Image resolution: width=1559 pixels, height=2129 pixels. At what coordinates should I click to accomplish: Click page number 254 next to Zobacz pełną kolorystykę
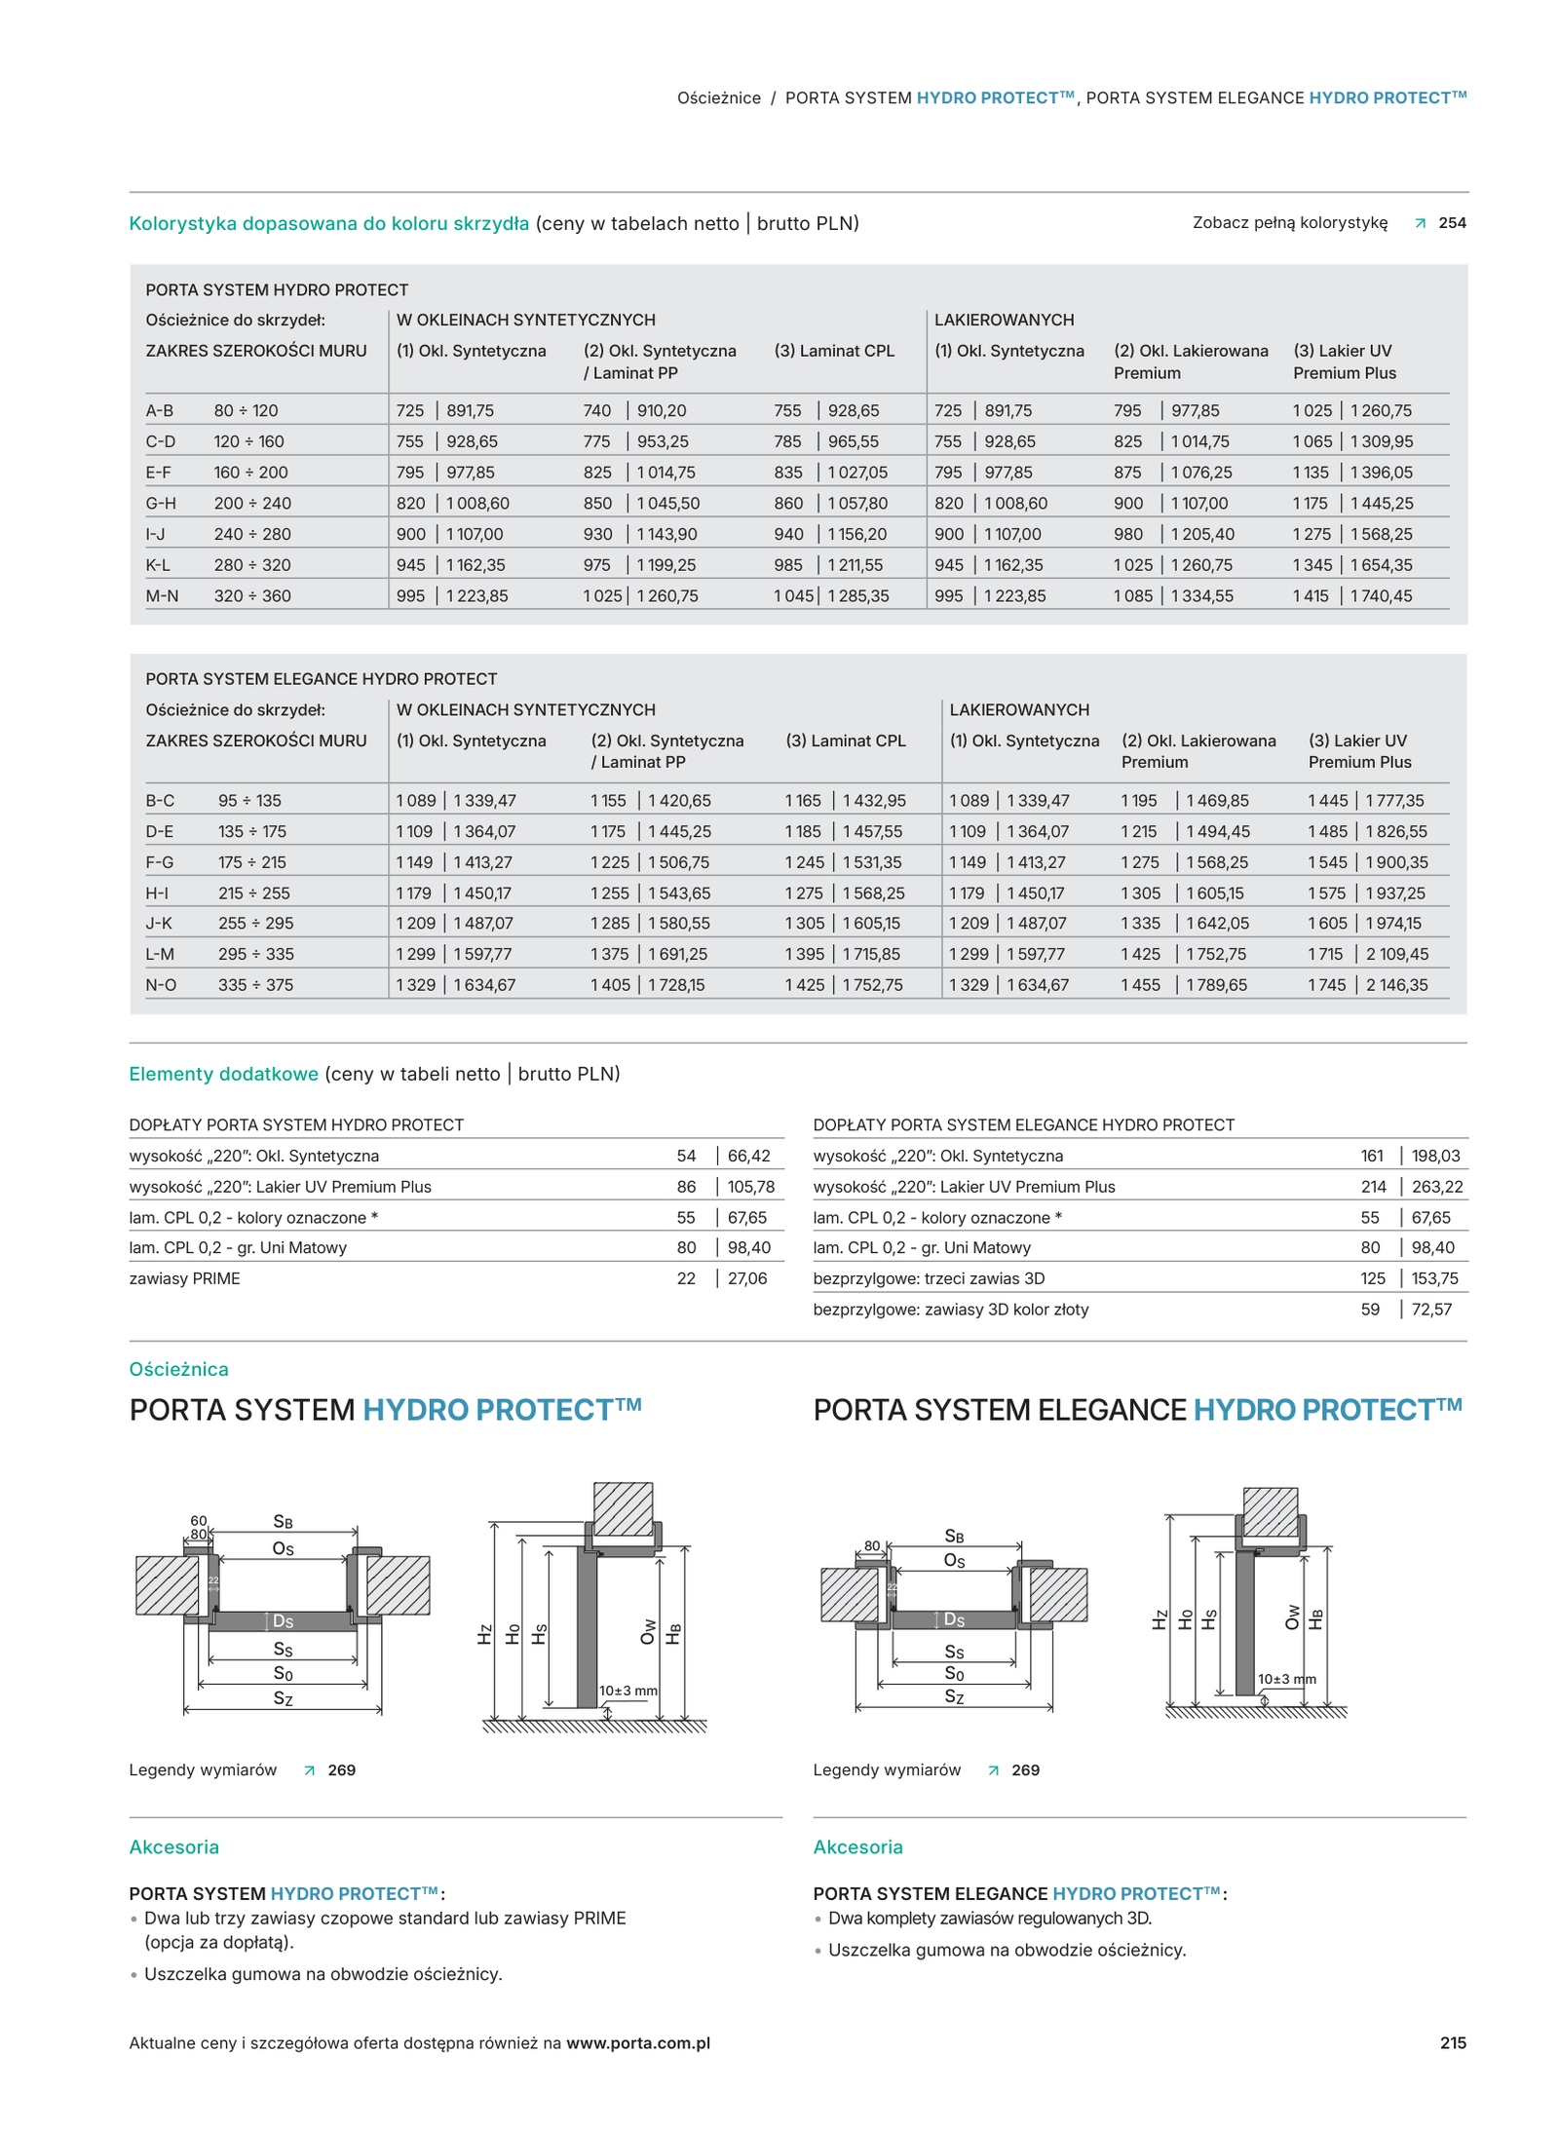1451,223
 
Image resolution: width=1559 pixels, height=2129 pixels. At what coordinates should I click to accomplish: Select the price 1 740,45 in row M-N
1380,595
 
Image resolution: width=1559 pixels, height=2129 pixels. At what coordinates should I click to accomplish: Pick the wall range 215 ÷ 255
253,893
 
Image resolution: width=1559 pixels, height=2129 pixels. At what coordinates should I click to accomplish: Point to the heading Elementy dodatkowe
223,1074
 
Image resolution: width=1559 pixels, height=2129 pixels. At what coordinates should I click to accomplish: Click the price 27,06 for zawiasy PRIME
746,1278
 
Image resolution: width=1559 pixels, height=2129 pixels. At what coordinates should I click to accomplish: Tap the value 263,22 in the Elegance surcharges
1436,1187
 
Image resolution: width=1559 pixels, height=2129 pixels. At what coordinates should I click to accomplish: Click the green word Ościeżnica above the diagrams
178,1369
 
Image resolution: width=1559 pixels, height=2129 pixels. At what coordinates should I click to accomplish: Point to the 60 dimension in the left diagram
199,1520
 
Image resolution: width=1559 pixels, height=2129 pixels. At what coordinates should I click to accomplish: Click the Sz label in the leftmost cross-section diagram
283,1698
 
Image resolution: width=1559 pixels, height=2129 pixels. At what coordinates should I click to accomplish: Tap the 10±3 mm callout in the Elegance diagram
1285,1679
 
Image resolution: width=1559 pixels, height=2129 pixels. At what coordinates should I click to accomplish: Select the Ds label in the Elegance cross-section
953,1619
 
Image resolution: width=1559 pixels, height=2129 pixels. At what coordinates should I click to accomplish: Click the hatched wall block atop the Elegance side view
1270,1511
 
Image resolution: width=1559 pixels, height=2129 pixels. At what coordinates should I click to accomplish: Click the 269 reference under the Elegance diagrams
1025,1769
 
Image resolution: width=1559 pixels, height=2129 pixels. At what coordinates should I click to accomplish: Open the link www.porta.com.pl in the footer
637,2042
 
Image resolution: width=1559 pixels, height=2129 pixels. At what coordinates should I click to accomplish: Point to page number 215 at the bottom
1452,2042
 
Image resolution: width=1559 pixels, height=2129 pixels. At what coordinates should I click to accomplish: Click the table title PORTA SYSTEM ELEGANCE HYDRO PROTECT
321,679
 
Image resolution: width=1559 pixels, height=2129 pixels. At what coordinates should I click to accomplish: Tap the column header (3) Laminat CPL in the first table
833,351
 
